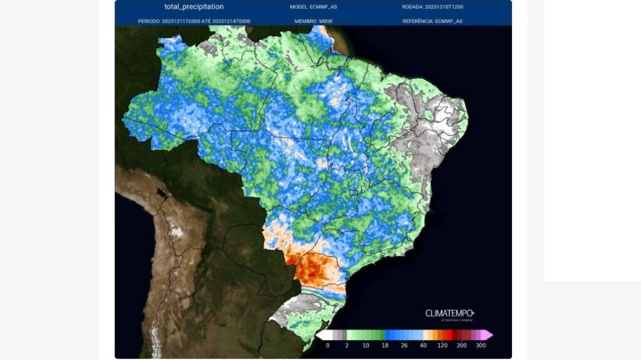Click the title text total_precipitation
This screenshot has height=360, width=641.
point(193,7)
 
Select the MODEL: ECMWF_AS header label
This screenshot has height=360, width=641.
point(313,7)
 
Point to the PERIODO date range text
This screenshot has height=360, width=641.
point(194,21)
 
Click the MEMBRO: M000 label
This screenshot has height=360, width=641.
point(313,21)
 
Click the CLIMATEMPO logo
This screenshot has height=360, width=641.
point(449,314)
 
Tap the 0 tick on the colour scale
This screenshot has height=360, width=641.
point(327,345)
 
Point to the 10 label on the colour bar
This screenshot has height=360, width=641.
point(366,345)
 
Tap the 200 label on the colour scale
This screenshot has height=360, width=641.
point(462,345)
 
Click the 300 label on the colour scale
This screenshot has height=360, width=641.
point(481,345)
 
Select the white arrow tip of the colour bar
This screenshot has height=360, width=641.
point(319,335)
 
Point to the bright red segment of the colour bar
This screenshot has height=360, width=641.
point(452,335)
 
